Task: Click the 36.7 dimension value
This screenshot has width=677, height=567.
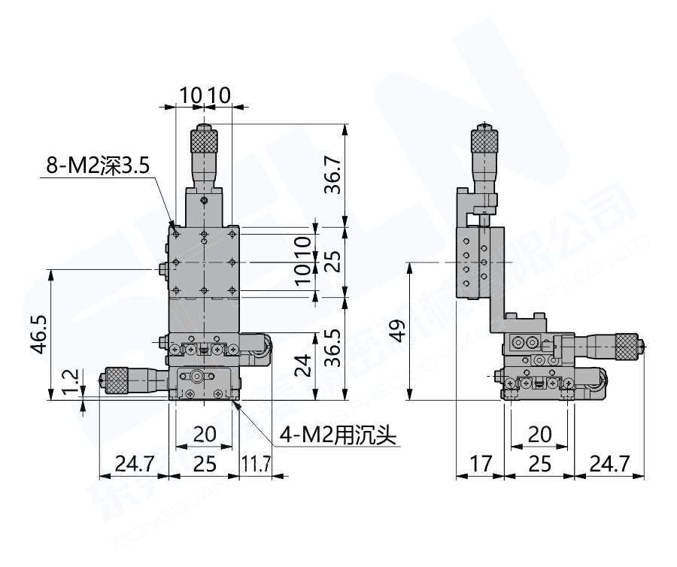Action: tap(332, 174)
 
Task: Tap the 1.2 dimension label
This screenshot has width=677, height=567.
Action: tap(70, 381)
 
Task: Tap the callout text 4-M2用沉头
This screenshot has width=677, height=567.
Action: tap(338, 435)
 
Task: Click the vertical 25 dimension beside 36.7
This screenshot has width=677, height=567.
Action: tap(332, 260)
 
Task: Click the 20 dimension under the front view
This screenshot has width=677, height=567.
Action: tap(204, 434)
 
